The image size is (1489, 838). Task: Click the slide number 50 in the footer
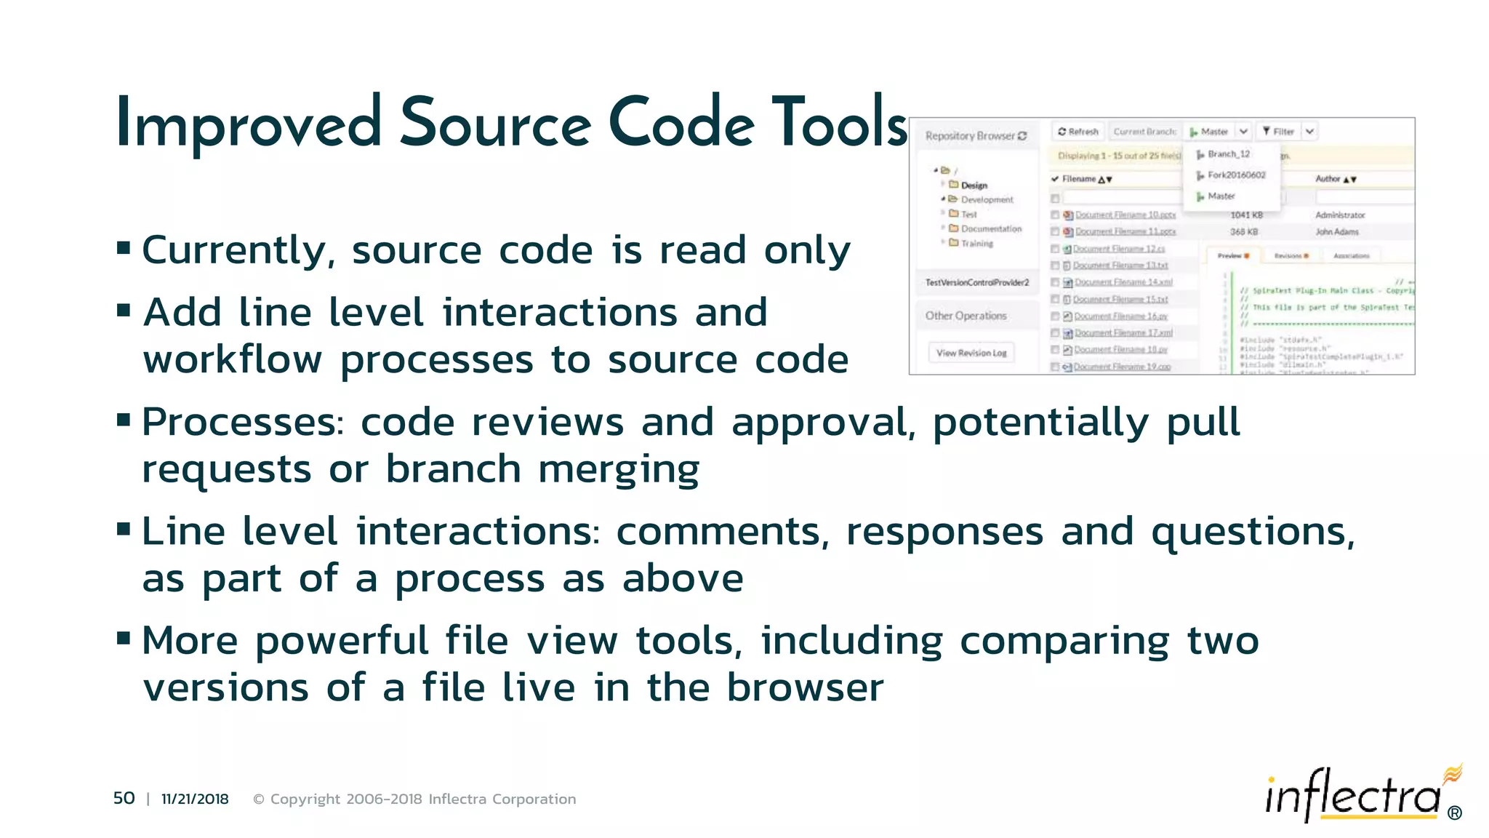click(x=124, y=798)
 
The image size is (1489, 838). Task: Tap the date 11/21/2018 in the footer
click(x=195, y=799)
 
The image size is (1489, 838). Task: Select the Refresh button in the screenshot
click(x=1078, y=132)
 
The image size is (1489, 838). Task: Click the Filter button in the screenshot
click(x=1279, y=132)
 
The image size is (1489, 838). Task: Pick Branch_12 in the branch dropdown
click(x=1228, y=154)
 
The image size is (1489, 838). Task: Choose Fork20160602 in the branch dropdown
click(x=1236, y=175)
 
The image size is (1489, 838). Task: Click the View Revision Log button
click(x=971, y=353)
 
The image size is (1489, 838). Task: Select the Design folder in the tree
click(x=974, y=185)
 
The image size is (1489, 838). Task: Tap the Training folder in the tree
click(x=976, y=244)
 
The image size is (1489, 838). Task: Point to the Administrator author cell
click(x=1340, y=215)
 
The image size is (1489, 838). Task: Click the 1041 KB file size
click(x=1246, y=215)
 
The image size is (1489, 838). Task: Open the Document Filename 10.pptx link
click(x=1125, y=215)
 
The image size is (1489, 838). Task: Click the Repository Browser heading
click(x=970, y=136)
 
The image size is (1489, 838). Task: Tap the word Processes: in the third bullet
click(x=242, y=423)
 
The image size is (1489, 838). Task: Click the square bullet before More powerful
click(x=124, y=639)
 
